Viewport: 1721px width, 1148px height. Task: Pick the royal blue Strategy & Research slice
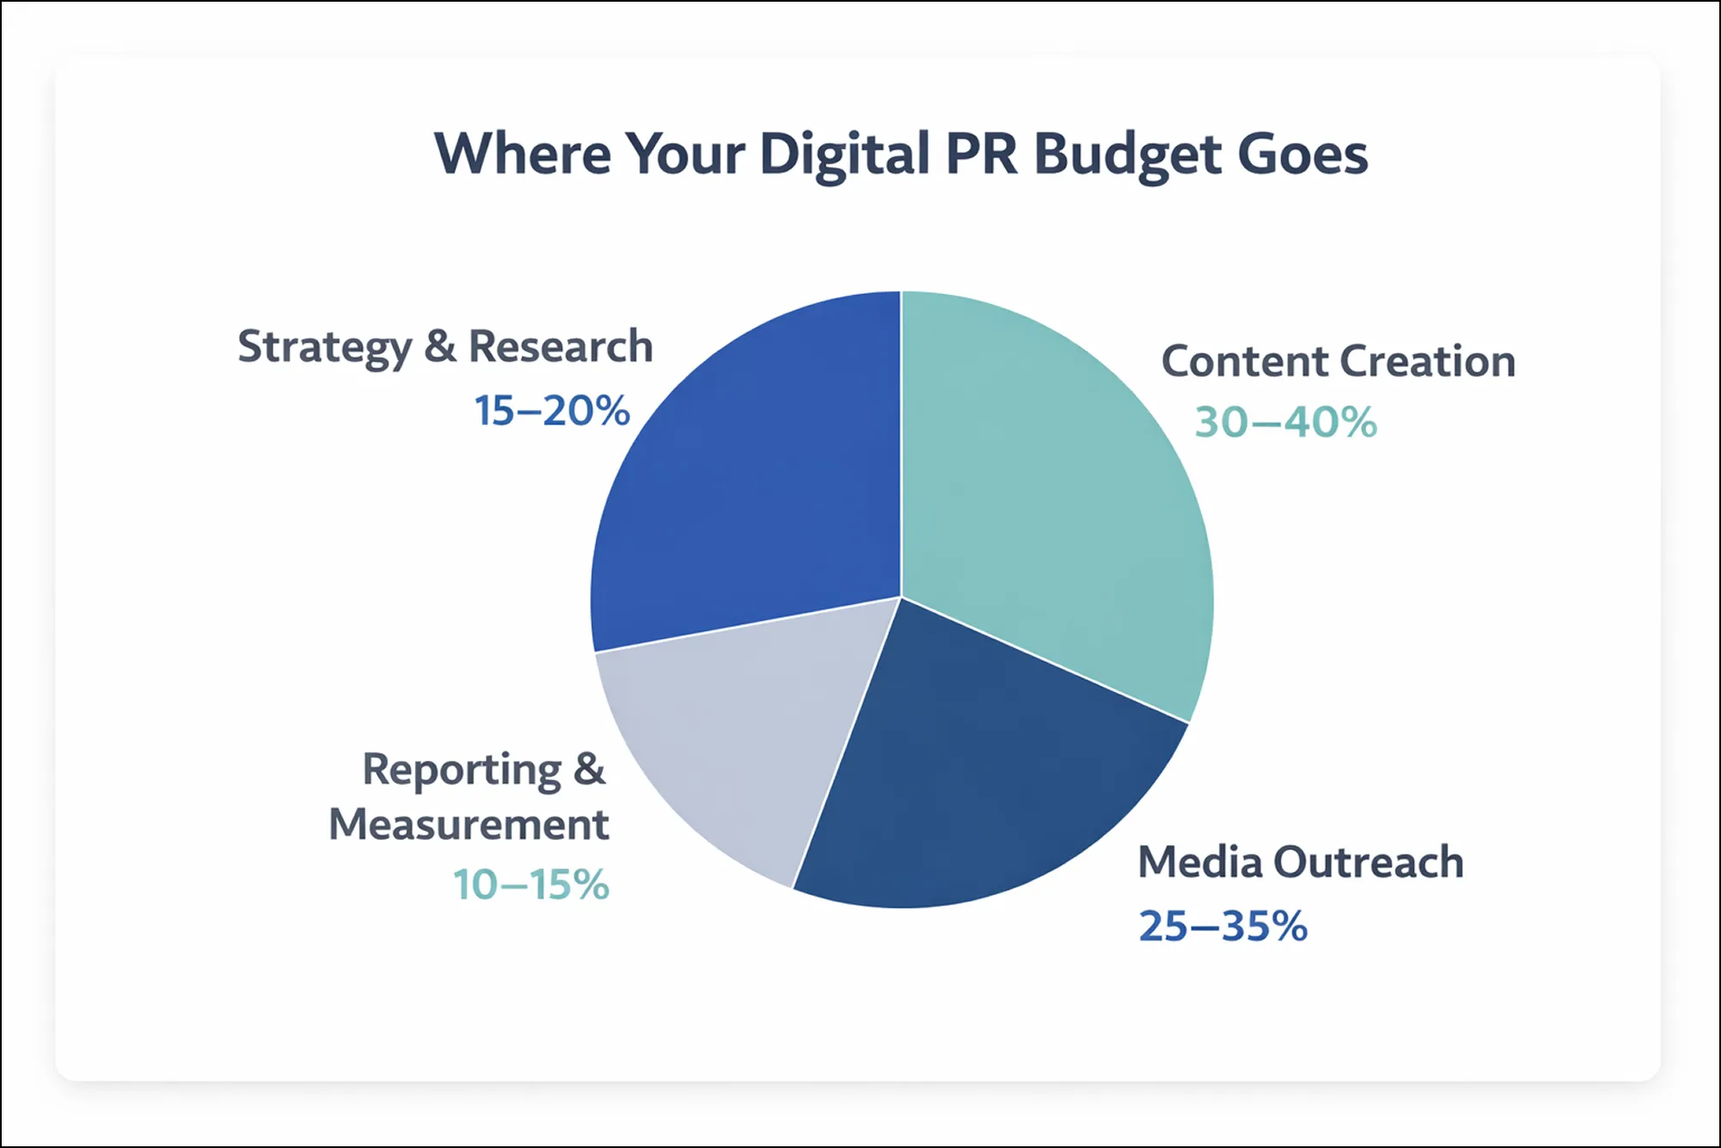[x=749, y=482]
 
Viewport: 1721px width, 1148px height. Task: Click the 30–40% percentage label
[x=1286, y=423]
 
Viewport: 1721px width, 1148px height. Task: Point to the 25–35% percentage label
[x=1223, y=927]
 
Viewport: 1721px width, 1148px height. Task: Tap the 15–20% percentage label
[x=552, y=410]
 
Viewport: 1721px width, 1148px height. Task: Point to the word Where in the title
[x=523, y=154]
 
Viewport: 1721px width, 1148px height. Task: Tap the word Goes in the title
[x=1303, y=154]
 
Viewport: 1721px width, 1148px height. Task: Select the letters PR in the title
[x=982, y=154]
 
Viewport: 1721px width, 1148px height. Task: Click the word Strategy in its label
[x=324, y=349]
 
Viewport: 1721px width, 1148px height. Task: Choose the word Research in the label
[x=560, y=347]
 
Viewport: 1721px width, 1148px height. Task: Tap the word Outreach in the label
[x=1368, y=862]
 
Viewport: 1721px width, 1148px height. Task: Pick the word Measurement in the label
[x=469, y=824]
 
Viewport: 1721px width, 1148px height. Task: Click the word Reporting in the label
[x=462, y=770]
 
